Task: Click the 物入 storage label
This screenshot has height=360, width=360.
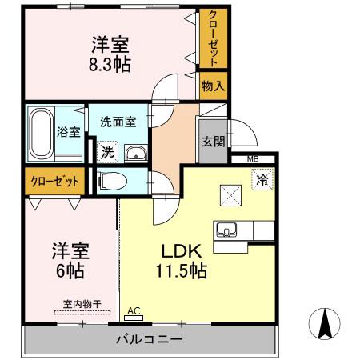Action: click(212, 86)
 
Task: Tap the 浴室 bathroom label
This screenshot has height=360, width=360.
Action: click(69, 132)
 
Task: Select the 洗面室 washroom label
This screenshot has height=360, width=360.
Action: click(118, 122)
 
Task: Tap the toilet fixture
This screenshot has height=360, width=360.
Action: click(111, 180)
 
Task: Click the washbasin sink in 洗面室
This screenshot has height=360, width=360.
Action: click(136, 154)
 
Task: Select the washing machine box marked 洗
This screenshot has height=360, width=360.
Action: click(106, 150)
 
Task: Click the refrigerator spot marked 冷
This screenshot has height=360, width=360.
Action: click(262, 181)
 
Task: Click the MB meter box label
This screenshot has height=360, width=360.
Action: click(253, 160)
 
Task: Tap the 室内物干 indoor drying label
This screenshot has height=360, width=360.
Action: click(82, 304)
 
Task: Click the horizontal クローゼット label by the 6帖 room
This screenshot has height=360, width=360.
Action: click(55, 182)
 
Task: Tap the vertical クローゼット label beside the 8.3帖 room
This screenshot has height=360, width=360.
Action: click(212, 38)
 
